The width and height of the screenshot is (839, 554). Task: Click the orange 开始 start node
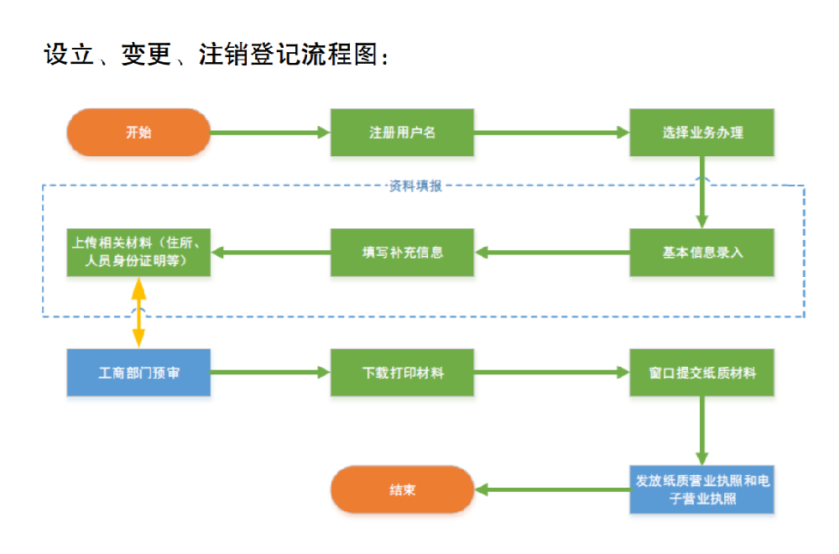pyautogui.click(x=138, y=133)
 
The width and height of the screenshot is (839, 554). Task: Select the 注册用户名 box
pyautogui.click(x=402, y=133)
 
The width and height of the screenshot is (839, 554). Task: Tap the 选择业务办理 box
pyautogui.click(x=701, y=133)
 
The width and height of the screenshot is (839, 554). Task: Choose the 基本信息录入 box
pyautogui.click(x=701, y=252)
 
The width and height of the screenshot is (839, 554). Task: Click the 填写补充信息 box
pyautogui.click(x=402, y=252)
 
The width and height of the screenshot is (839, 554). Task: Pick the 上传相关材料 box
pyautogui.click(x=138, y=252)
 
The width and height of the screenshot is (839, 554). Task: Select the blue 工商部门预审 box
pyautogui.click(x=138, y=373)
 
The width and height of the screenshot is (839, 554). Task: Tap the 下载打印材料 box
pyautogui.click(x=402, y=373)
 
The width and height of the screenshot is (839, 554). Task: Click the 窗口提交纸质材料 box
pyautogui.click(x=701, y=373)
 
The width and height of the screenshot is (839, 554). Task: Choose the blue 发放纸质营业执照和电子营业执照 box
pyautogui.click(x=701, y=489)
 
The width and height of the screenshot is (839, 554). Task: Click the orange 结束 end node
pyautogui.click(x=402, y=489)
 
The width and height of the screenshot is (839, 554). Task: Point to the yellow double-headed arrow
pyautogui.click(x=138, y=312)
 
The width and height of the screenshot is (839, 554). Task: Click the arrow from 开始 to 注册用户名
pyautogui.click(x=270, y=133)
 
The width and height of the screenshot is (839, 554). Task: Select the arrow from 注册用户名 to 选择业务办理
pyautogui.click(x=552, y=133)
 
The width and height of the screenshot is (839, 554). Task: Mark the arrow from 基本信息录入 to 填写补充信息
pyautogui.click(x=552, y=252)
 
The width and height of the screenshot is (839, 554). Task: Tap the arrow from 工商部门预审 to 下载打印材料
pyautogui.click(x=270, y=373)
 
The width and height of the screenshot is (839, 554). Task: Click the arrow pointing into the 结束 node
pyautogui.click(x=553, y=489)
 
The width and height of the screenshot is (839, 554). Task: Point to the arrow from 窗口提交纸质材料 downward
pyautogui.click(x=702, y=431)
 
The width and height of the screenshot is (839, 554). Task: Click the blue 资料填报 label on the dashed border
pyautogui.click(x=415, y=186)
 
